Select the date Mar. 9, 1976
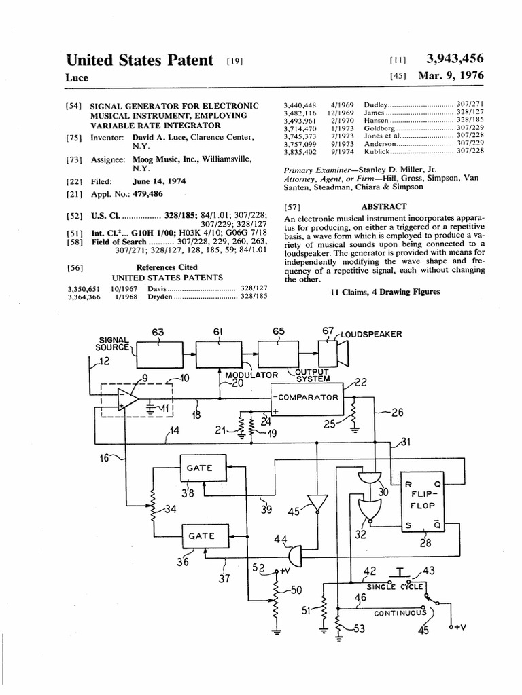click(x=451, y=76)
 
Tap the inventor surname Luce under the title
click(x=76, y=77)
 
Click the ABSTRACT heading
click(x=384, y=206)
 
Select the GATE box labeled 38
click(x=200, y=468)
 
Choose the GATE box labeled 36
click(x=201, y=536)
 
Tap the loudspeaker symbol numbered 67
click(x=334, y=353)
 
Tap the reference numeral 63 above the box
click(x=158, y=332)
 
